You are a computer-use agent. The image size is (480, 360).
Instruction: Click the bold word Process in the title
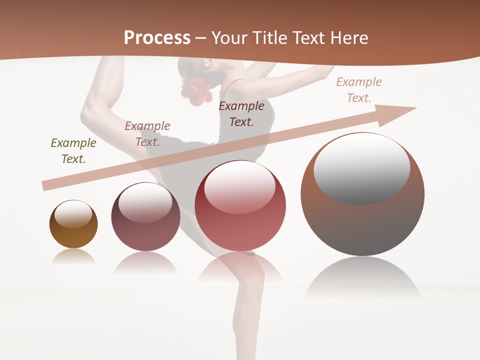157,38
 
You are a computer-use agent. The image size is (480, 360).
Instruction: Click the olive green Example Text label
73,151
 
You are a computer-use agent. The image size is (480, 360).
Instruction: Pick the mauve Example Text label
147,133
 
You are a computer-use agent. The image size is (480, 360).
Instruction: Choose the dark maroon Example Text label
241,113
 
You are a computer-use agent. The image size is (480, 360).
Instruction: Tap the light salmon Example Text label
358,90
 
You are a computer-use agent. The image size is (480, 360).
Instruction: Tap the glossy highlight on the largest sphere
361,167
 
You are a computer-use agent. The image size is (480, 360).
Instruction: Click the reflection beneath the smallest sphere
73,257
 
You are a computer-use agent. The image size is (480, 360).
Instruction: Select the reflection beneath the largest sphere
362,277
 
